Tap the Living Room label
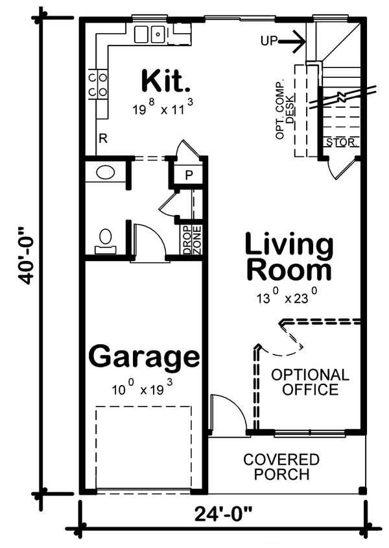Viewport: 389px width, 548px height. [289, 258]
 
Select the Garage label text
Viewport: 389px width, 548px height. [144, 356]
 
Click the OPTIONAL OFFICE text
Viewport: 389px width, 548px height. [310, 382]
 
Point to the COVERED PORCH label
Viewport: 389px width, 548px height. [281, 467]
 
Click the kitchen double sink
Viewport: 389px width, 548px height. [150, 33]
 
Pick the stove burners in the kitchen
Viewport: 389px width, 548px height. [97, 84]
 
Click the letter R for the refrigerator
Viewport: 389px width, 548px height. [102, 138]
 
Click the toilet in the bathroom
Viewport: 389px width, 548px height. [105, 240]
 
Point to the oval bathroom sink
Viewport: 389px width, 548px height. [104, 173]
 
